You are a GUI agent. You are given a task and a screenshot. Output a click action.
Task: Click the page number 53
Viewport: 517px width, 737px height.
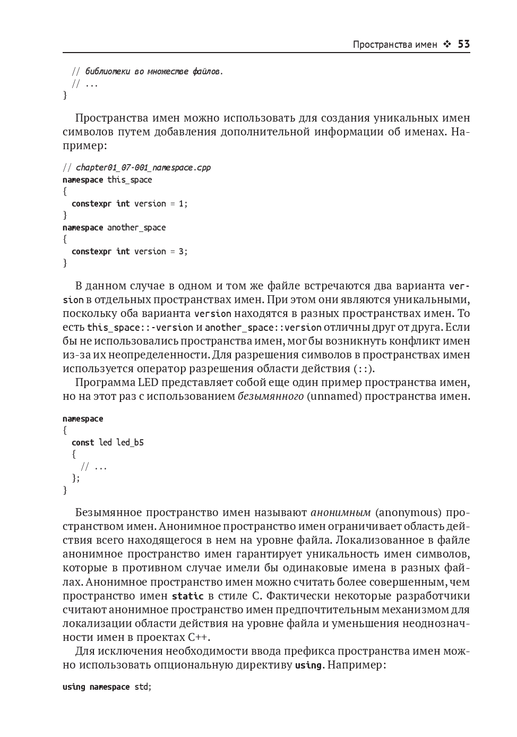pyautogui.click(x=463, y=45)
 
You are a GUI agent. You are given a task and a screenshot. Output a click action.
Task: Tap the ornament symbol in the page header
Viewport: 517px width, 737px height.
pyautogui.click(x=447, y=45)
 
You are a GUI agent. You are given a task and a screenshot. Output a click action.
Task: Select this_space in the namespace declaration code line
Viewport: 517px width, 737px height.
pyautogui.click(x=130, y=179)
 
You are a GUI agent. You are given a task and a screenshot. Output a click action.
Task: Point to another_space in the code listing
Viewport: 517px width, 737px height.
pyautogui.click(x=136, y=227)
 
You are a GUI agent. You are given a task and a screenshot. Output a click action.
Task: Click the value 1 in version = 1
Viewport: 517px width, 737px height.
pyautogui.click(x=180, y=203)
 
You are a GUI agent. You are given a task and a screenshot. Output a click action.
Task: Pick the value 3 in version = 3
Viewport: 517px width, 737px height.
pyautogui.click(x=180, y=251)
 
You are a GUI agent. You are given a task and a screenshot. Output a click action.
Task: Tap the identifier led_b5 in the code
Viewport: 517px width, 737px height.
pyautogui.click(x=130, y=442)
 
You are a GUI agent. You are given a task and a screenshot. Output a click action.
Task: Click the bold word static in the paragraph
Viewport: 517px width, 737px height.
pyautogui.click(x=187, y=596)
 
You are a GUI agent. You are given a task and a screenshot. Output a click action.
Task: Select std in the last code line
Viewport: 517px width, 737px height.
pyautogui.click(x=142, y=687)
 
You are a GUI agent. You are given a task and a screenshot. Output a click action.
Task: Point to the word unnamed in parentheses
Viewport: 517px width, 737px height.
pyautogui.click(x=333, y=396)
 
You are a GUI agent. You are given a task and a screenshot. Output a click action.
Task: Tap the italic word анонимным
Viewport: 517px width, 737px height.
pyautogui.click(x=341, y=513)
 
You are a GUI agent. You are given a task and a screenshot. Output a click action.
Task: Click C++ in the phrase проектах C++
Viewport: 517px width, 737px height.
pyautogui.click(x=198, y=637)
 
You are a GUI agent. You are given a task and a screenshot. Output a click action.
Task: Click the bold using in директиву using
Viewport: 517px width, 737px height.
pyautogui.click(x=308, y=665)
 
